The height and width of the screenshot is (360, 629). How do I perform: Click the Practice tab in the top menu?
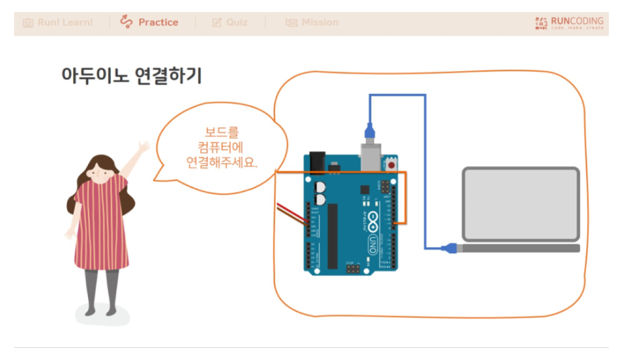(x=150, y=22)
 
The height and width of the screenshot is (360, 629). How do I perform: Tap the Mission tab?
(x=312, y=22)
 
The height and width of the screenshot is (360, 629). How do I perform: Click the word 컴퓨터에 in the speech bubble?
(x=222, y=148)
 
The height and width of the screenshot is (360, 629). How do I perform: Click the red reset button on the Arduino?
(x=391, y=163)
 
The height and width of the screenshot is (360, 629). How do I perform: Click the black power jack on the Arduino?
(x=317, y=161)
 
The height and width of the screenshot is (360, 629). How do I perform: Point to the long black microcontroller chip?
(x=332, y=235)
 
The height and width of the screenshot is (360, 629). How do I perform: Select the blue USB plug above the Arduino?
(x=369, y=131)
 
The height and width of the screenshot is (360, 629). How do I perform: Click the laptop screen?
(x=520, y=204)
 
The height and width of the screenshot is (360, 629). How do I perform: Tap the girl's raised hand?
(x=143, y=146)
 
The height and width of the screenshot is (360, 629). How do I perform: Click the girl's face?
(x=101, y=171)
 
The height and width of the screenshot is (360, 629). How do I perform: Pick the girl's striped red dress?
(x=98, y=225)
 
